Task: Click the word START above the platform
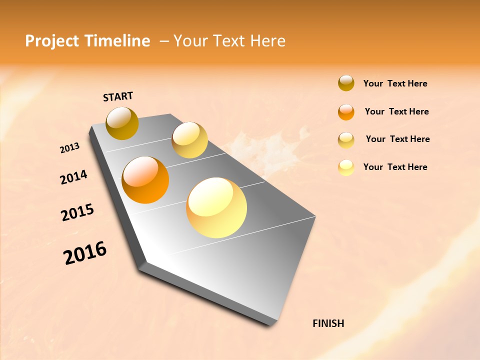tap(118, 96)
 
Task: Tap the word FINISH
tap(328, 323)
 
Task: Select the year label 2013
tap(70, 148)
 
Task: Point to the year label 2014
tap(73, 177)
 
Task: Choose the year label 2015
tap(77, 212)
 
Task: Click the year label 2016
tap(85, 252)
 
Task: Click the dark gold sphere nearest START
tap(122, 123)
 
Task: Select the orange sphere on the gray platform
tap(145, 180)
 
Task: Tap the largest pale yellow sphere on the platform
tap(216, 207)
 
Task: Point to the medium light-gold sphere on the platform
tap(189, 140)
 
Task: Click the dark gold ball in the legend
tap(346, 83)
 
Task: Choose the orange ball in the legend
tap(346, 112)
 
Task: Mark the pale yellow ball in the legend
tap(346, 167)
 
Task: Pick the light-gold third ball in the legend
tap(346, 140)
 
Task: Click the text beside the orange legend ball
tap(396, 111)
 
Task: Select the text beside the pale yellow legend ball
tap(395, 167)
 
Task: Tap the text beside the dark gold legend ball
tap(395, 83)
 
